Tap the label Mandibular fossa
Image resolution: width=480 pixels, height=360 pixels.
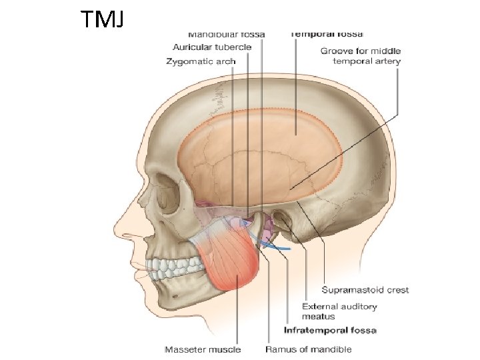coord(226,33)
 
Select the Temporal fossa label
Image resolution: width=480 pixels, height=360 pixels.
coord(327,33)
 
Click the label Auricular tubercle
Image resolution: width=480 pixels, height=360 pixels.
coord(212,47)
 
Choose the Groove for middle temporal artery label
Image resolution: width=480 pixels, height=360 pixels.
coord(361,56)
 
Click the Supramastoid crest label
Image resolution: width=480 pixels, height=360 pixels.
coord(365,290)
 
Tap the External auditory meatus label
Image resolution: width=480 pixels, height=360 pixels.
coord(339,311)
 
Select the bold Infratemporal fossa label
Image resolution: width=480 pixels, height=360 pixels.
coord(330,331)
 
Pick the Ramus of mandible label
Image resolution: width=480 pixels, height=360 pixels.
coord(308,349)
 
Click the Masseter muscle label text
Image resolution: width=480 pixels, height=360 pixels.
coord(203,349)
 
